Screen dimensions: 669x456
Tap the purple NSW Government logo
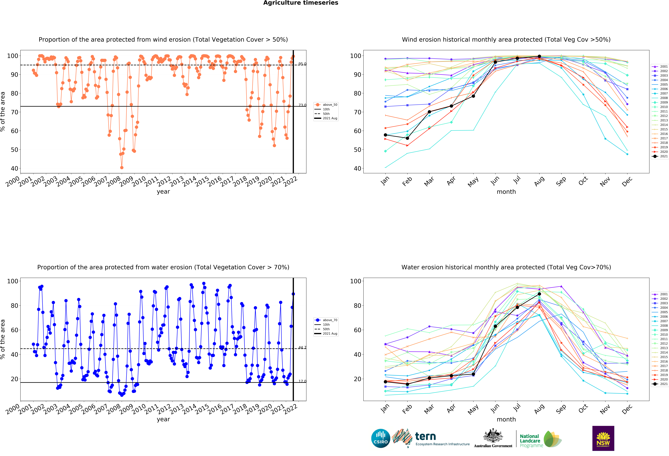pos(603,438)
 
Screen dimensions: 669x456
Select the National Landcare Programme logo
pos(541,439)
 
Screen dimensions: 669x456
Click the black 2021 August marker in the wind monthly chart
pos(539,56)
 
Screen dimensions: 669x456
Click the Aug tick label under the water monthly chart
pos(539,409)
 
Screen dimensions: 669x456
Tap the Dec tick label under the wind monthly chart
pos(627,181)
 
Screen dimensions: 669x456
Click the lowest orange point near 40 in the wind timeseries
pos(122,168)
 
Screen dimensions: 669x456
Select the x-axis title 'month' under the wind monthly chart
pos(506,192)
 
